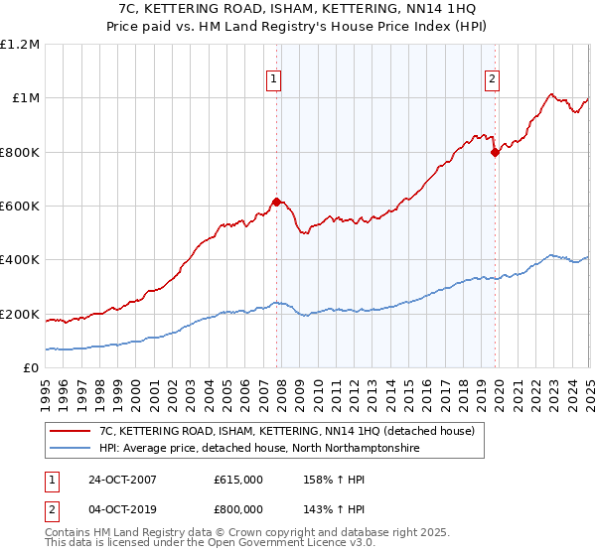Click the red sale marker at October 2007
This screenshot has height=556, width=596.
coord(276,202)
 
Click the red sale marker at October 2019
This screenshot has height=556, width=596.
coord(495,152)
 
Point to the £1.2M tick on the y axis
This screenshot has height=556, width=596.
coord(21,44)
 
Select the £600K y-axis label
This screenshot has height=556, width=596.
coord(21,207)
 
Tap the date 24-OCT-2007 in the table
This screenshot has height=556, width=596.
coord(119,480)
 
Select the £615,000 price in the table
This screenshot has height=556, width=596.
coord(237,480)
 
